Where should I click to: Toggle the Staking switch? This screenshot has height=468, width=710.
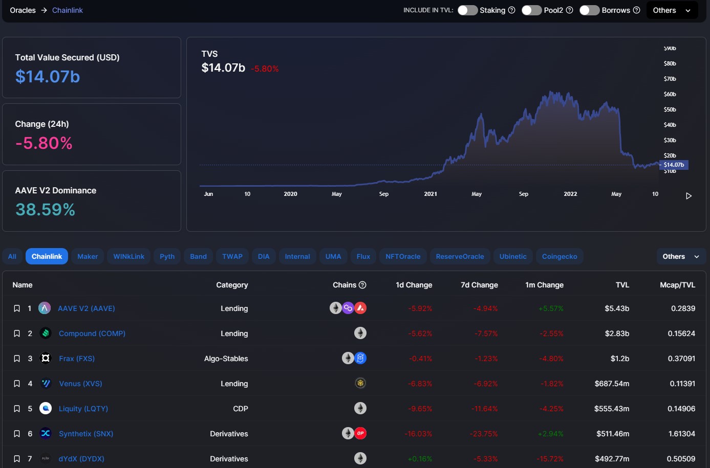click(x=467, y=10)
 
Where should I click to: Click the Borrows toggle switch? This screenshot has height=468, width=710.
click(x=589, y=10)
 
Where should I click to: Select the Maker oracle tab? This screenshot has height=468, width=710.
click(x=88, y=256)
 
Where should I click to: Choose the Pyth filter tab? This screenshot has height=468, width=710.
click(x=167, y=256)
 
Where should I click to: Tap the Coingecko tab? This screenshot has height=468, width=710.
click(x=560, y=256)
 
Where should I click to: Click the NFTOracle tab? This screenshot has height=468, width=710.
click(x=403, y=256)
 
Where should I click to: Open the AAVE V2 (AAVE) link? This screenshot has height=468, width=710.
click(x=86, y=308)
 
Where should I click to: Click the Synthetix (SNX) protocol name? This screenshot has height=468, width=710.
click(x=86, y=434)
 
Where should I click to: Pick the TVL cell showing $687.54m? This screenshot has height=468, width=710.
click(x=612, y=384)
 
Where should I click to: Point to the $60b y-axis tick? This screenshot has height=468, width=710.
click(x=670, y=94)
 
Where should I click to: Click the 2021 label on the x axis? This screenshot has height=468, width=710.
click(x=431, y=194)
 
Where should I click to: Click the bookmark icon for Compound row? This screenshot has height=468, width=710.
click(x=17, y=333)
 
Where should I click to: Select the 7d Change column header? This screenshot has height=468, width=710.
click(x=479, y=285)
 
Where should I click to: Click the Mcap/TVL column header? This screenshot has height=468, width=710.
click(x=677, y=285)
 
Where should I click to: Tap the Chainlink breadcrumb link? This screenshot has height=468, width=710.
click(x=68, y=10)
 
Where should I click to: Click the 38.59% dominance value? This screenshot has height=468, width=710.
click(x=45, y=209)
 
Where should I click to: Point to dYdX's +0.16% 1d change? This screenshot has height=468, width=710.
click(x=420, y=459)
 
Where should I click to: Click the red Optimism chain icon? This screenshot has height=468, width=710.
click(x=360, y=433)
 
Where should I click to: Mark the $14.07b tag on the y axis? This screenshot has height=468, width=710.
click(x=674, y=165)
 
